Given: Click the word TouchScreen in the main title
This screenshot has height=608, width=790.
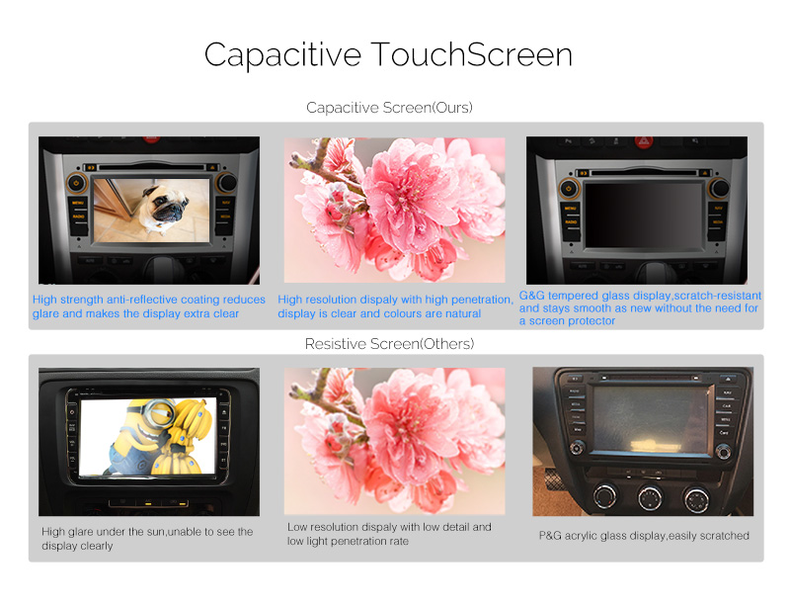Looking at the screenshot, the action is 472,54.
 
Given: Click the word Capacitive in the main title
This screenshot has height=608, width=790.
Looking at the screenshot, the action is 282,55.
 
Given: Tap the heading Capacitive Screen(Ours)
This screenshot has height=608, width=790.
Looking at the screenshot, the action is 389,108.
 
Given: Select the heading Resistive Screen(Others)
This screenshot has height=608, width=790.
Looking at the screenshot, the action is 389,344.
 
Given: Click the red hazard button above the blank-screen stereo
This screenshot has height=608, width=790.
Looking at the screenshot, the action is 644,142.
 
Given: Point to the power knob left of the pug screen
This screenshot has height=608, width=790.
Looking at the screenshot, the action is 76,183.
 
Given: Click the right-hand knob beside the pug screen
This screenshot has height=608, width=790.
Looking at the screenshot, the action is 226,182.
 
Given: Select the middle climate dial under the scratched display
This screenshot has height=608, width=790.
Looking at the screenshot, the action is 651,497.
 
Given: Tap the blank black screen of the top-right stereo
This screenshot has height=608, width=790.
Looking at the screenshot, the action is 644,215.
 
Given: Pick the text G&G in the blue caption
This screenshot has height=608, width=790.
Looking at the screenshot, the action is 531,296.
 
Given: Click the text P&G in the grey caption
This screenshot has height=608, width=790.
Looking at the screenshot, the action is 550,536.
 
